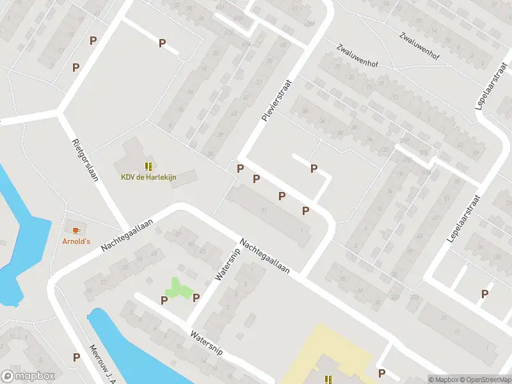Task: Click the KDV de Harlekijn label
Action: [x=148, y=177]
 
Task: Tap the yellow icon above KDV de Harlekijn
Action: [x=148, y=167]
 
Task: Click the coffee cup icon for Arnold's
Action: [x=76, y=230]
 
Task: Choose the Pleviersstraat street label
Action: [x=272, y=99]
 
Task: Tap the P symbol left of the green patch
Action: [x=164, y=300]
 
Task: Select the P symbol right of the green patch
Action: [x=196, y=298]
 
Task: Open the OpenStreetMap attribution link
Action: [x=484, y=379]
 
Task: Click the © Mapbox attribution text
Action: [x=442, y=379]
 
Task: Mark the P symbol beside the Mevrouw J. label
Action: [x=76, y=358]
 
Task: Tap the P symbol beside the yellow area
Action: [x=381, y=373]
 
